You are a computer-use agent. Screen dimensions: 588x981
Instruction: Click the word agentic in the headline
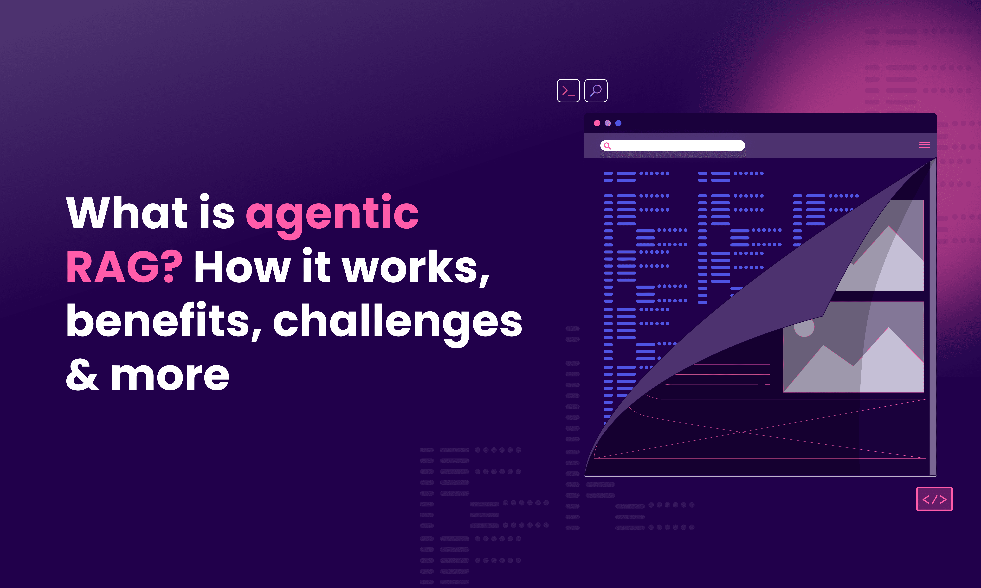click(332, 214)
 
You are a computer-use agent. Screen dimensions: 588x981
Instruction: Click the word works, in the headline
click(416, 268)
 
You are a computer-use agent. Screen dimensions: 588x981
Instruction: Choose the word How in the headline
click(243, 268)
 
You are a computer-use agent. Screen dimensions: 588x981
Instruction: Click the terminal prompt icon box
click(568, 91)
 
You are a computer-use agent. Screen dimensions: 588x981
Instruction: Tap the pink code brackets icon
click(934, 499)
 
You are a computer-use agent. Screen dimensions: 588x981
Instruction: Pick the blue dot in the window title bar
click(618, 123)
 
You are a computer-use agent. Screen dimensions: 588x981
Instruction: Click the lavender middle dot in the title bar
click(607, 123)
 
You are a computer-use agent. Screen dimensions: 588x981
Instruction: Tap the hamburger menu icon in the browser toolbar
click(924, 145)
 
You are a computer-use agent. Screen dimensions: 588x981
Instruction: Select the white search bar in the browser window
click(674, 145)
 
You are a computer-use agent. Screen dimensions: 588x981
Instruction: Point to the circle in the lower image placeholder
click(804, 327)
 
